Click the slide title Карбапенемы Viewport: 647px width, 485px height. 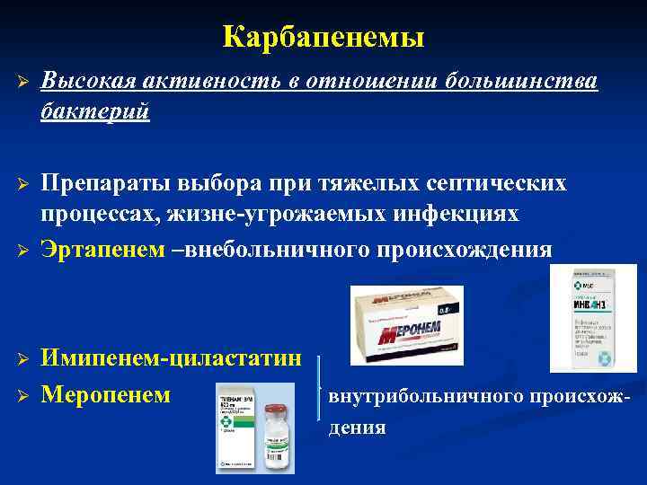(x=323, y=37)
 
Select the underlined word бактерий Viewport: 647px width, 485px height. (x=93, y=112)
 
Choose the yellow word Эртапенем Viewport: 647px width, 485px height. (x=101, y=249)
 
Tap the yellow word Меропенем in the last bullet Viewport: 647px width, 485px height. (x=106, y=393)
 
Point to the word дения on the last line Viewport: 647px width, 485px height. (x=357, y=428)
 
